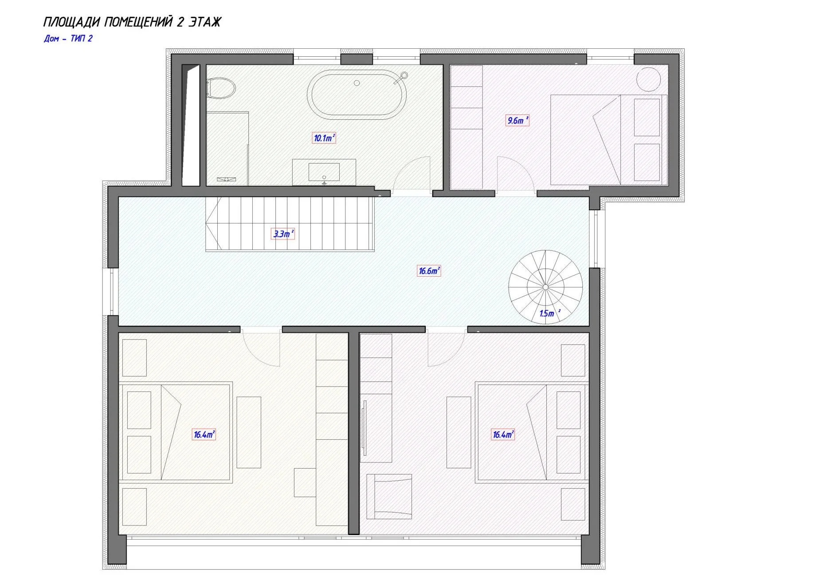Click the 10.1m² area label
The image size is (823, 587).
[324, 138]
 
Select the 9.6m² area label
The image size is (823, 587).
[517, 120]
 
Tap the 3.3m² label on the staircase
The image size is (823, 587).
[282, 234]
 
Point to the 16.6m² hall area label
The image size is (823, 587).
[429, 270]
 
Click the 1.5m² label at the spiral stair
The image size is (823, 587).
[549, 313]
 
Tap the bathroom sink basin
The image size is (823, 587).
[324, 172]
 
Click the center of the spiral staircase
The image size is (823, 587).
[545, 287]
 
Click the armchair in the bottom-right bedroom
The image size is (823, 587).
[389, 497]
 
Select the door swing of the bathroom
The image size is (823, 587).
[412, 173]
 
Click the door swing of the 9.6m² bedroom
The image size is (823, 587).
[515, 174]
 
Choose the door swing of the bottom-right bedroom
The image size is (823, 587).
[446, 349]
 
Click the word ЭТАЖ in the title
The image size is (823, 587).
[204, 22]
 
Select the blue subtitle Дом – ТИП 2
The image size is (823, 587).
[68, 39]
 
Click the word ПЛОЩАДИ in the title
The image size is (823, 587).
[72, 22]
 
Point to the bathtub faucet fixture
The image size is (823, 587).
[402, 76]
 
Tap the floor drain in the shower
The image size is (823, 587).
[226, 179]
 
